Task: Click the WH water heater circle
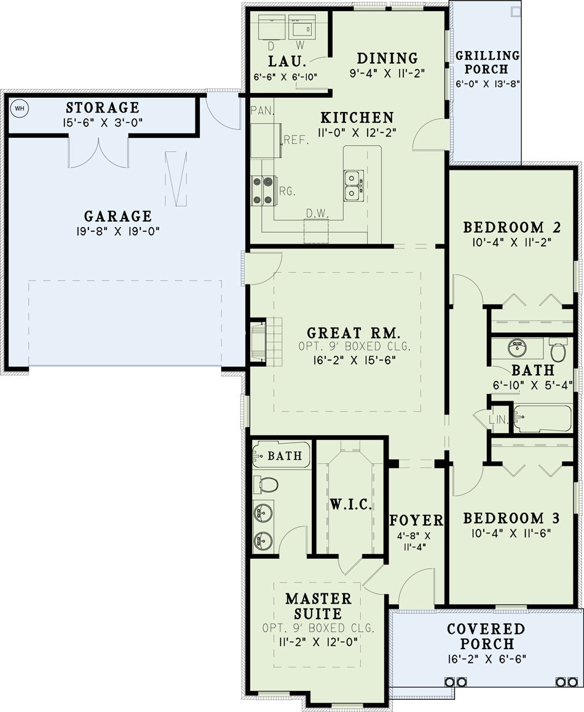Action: [x=20, y=108]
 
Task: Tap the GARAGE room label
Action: [x=118, y=216]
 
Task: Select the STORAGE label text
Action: [x=103, y=108]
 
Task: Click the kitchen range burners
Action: [x=264, y=191]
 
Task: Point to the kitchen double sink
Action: [x=353, y=185]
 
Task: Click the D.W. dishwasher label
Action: [x=317, y=213]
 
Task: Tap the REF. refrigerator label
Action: [x=296, y=140]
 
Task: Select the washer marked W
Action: [x=302, y=27]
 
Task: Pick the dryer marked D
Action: [x=272, y=27]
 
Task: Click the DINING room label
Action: [x=387, y=58]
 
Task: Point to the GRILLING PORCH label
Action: [x=487, y=62]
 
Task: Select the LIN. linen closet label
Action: [x=499, y=419]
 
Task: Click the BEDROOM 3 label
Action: [x=511, y=518]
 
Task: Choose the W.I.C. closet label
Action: [x=351, y=504]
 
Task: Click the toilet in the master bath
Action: [x=266, y=484]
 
